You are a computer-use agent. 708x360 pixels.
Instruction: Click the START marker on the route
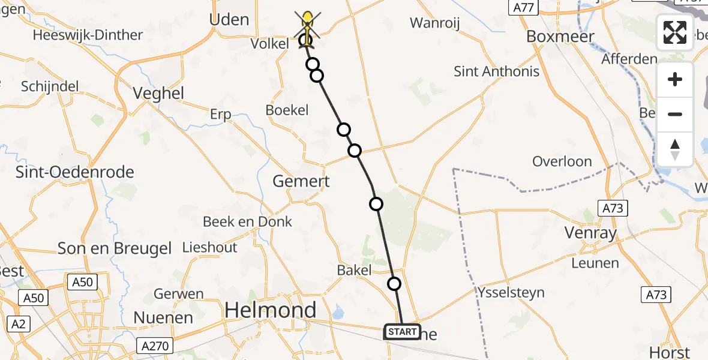tap(402, 332)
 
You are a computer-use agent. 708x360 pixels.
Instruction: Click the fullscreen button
tap(675, 32)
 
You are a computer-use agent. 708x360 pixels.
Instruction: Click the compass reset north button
tap(675, 149)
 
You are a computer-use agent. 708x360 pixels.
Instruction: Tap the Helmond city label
tap(270, 310)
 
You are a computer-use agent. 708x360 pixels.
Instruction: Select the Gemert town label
tap(301, 181)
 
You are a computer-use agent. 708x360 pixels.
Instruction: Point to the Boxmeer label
tap(560, 37)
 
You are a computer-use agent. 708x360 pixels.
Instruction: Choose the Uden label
tap(229, 20)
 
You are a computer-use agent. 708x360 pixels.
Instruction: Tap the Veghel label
tap(158, 94)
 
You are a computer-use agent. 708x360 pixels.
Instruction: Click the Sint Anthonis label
tap(496, 72)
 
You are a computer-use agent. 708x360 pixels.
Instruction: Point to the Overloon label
tap(562, 162)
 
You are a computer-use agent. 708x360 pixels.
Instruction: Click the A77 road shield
tap(523, 7)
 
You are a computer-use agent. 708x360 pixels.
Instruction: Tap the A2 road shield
tap(19, 325)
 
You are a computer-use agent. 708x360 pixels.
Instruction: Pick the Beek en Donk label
tap(247, 222)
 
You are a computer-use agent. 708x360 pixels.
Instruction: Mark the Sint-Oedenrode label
tap(66, 172)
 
